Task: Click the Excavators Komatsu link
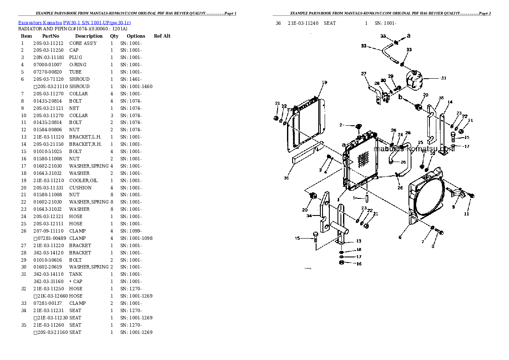tap(40, 23)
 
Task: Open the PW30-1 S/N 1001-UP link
tap(97, 23)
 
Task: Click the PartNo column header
tap(50, 36)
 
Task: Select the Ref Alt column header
tap(162, 36)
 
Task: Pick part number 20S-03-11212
tap(48, 43)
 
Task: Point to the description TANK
tap(76, 274)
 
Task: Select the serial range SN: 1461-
tap(131, 79)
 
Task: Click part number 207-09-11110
tap(48, 231)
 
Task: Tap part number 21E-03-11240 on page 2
tap(303, 24)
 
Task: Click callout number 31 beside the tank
tap(444, 78)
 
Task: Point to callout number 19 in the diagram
tap(324, 83)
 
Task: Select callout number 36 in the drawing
tap(286, 178)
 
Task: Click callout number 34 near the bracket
tap(309, 215)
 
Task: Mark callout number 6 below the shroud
tap(400, 237)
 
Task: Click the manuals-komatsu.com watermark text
tap(414, 149)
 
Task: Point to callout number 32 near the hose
tap(364, 46)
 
